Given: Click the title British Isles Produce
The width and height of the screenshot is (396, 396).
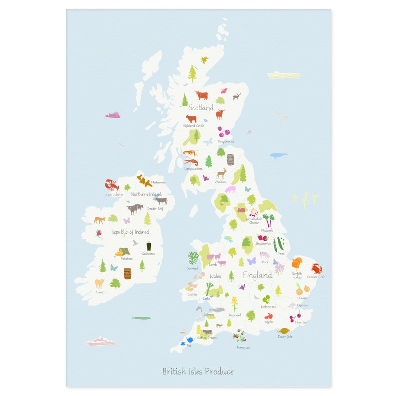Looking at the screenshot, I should click(x=198, y=371).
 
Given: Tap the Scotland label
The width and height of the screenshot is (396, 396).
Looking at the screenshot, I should click(x=201, y=107).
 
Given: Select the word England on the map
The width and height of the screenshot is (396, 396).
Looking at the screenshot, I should click(x=257, y=275).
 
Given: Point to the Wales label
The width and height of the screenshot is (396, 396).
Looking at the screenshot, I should click(x=215, y=276).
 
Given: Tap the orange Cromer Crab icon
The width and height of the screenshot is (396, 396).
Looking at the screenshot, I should click(x=317, y=268).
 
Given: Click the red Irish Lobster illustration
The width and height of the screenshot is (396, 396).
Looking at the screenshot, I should click(x=111, y=185).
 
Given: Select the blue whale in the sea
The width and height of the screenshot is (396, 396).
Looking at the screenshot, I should click(x=278, y=155).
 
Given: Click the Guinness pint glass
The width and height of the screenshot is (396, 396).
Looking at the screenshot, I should click(x=148, y=246).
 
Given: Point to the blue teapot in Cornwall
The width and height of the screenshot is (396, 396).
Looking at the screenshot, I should click(x=190, y=340).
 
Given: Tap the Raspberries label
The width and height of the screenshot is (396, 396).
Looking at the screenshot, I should click(x=226, y=141).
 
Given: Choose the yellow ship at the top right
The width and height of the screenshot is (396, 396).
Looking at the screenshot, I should click(x=283, y=75).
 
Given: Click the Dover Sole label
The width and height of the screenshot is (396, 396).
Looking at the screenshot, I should click(x=285, y=336).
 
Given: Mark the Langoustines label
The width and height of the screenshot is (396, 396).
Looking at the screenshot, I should click(x=194, y=169).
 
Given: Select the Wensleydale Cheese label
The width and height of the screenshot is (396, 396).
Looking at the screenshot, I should click(x=254, y=220).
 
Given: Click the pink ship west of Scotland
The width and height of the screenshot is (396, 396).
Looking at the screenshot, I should click(x=113, y=115).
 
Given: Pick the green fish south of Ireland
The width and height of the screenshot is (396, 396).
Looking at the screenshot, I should click(x=141, y=318).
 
